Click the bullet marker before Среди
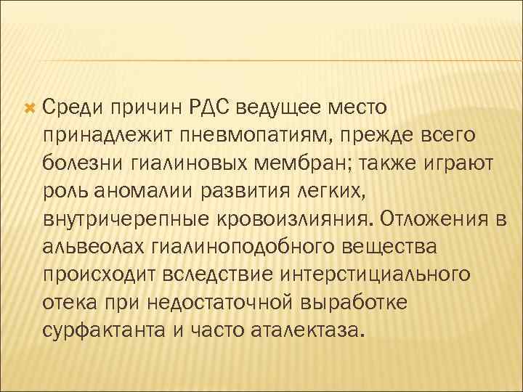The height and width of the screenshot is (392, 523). (30, 108)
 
